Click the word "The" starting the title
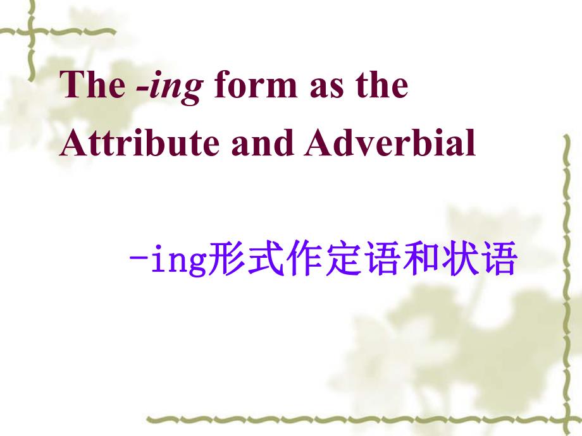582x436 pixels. (x=92, y=84)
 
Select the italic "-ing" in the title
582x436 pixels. (x=170, y=87)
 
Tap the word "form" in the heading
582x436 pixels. (x=256, y=84)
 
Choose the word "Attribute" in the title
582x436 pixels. (x=139, y=142)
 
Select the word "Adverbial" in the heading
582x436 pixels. (x=390, y=142)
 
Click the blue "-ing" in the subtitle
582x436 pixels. (x=168, y=260)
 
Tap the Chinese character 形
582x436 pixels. (x=225, y=258)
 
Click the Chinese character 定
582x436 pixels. (x=342, y=258)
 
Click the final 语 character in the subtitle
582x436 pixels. (x=498, y=258)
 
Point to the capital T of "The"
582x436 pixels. (x=71, y=85)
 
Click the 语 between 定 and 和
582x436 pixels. (x=381, y=258)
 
